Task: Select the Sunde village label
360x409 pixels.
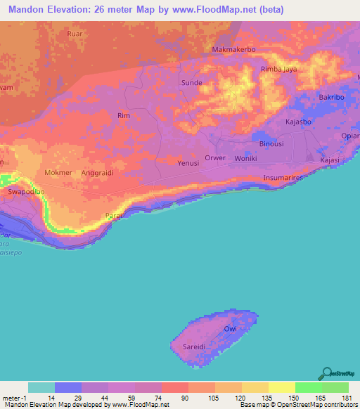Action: tap(192, 82)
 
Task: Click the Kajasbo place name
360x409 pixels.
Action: tap(300, 122)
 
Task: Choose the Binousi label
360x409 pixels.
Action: tap(271, 143)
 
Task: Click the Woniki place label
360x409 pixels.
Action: tap(245, 158)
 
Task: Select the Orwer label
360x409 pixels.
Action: tap(215, 158)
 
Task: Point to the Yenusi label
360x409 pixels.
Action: tap(188, 163)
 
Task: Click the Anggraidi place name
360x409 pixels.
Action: tap(98, 171)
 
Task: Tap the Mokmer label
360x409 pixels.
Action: tap(58, 171)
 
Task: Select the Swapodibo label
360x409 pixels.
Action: tap(26, 191)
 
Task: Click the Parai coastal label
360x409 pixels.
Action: tap(114, 216)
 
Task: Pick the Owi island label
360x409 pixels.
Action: tap(230, 329)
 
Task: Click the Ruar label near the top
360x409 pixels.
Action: tap(74, 33)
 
